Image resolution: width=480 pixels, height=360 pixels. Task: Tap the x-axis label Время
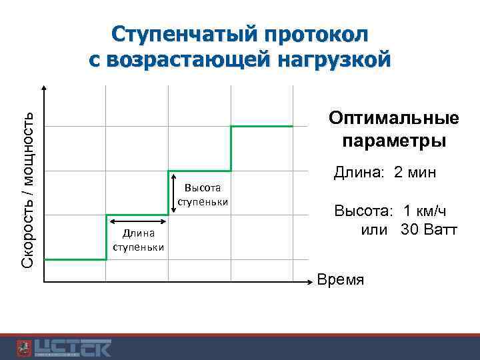pyautogui.click(x=341, y=279)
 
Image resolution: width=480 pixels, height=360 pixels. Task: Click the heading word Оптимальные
pyautogui.click(x=393, y=119)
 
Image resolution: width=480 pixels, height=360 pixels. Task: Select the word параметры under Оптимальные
pyautogui.click(x=393, y=141)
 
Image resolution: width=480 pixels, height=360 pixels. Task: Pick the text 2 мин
pyautogui.click(x=415, y=173)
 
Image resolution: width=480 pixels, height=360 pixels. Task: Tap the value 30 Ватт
pyautogui.click(x=429, y=230)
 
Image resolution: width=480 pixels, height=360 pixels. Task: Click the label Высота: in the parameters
pyautogui.click(x=363, y=212)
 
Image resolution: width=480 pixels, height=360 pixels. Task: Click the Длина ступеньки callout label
pyautogui.click(x=138, y=241)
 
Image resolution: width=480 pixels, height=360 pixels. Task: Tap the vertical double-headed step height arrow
pyautogui.click(x=173, y=193)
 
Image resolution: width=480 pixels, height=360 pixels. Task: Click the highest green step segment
pyautogui.click(x=261, y=126)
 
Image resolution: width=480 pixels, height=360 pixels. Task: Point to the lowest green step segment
pyautogui.click(x=75, y=259)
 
